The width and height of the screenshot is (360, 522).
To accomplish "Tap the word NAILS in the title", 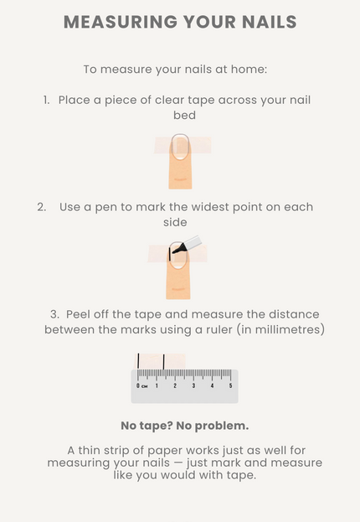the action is tap(269, 22).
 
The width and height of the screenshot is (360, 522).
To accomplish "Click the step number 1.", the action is tap(46, 100).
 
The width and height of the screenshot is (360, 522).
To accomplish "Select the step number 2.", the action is tap(42, 207).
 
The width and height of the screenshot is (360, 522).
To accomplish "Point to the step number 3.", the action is tap(55, 314).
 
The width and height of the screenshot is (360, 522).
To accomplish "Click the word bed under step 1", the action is tap(184, 115).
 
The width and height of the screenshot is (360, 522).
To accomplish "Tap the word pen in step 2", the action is tap(105, 208).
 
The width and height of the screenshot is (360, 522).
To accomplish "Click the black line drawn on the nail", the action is tap(170, 254).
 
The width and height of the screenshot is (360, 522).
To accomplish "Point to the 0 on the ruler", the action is tap(138, 385).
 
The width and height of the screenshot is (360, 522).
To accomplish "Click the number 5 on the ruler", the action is tap(230, 385).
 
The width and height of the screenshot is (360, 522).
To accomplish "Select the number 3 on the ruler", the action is tap(193, 385).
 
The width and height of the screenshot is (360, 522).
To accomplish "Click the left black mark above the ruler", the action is tap(138, 361).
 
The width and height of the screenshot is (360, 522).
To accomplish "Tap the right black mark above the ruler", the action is tap(164, 362).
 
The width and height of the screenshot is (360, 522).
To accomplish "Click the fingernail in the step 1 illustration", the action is tap(180, 147).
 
